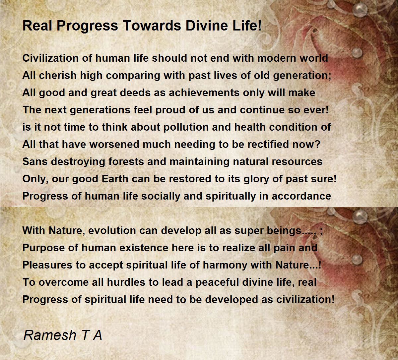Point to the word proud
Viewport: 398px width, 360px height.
(x=170, y=110)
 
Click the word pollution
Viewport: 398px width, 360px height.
(x=186, y=127)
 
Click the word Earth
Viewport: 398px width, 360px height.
(x=115, y=179)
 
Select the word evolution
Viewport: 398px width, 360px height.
(x=123, y=231)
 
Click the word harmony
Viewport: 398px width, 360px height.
(x=225, y=265)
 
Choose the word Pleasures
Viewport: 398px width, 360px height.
(x=47, y=265)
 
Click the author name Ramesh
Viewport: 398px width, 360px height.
(x=50, y=335)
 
